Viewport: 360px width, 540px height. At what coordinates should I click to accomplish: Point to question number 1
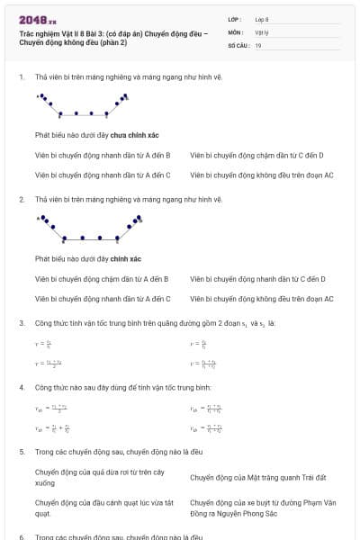pos(21,76)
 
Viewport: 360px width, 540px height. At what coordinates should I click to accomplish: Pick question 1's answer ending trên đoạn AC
pos(262,175)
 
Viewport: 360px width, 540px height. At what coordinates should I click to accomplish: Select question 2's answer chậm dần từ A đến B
pos(102,279)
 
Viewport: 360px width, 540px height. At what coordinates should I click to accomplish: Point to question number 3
pos(21,322)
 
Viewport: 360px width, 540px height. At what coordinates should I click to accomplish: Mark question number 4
pos(21,387)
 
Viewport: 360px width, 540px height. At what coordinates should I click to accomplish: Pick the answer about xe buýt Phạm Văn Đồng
pos(260,508)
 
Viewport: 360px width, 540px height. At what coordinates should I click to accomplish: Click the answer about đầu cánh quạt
pos(98,508)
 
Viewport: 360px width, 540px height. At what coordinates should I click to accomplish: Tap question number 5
pos(21,452)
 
